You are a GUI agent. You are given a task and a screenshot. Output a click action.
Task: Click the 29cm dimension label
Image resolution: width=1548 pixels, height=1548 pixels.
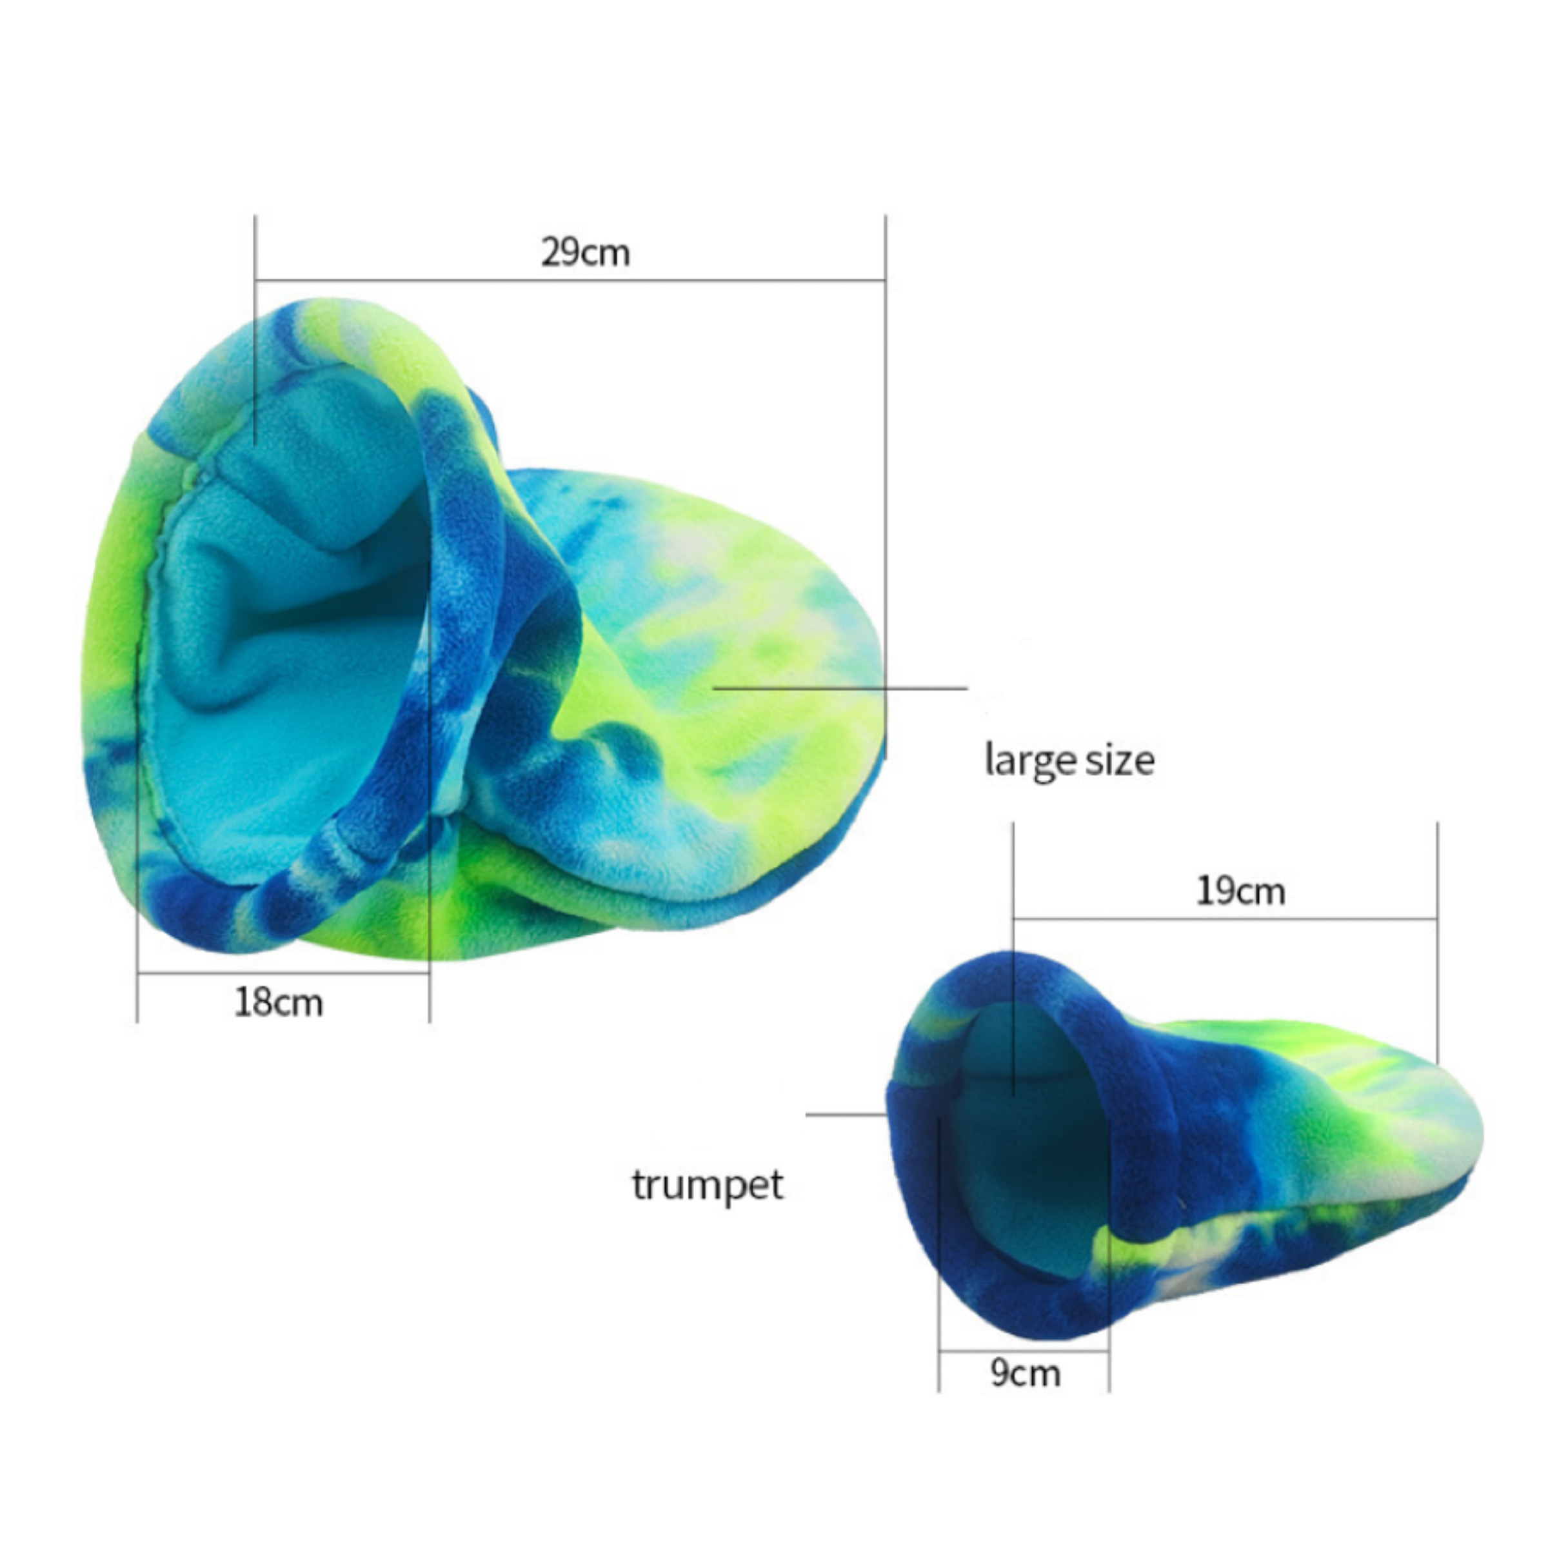click(x=585, y=252)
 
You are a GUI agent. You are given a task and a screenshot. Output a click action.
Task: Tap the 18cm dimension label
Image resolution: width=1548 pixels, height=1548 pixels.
click(x=278, y=1002)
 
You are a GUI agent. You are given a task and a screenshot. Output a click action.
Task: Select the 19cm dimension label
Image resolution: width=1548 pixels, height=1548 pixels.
click(x=1240, y=891)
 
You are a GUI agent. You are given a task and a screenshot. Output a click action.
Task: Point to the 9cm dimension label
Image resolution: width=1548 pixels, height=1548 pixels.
click(x=1025, y=1373)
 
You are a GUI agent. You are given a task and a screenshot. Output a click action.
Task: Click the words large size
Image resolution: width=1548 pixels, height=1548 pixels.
click(x=1069, y=760)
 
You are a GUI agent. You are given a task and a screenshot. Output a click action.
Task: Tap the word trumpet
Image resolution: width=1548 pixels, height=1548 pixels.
click(x=708, y=1185)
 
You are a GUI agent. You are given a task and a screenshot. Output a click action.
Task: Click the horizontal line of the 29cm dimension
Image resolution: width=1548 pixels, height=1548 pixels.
click(x=570, y=281)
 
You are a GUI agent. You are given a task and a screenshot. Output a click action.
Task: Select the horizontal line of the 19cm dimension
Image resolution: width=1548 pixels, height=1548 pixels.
click(x=1225, y=919)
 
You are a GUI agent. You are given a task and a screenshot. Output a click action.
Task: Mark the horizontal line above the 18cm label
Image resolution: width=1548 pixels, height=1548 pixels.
click(x=284, y=973)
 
